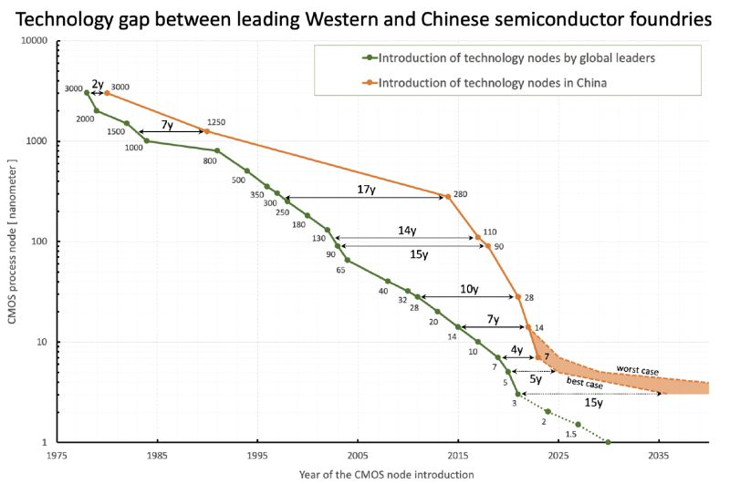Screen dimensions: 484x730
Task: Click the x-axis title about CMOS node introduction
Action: (386, 474)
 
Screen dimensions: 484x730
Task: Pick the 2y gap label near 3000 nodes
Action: (97, 82)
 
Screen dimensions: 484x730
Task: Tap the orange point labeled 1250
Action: (206, 131)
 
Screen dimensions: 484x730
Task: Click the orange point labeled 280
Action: (447, 196)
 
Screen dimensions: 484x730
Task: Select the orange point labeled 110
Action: (478, 237)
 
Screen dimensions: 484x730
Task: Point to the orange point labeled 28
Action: (518, 297)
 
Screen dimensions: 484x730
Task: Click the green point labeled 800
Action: (216, 150)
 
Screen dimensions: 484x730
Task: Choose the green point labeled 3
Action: (517, 394)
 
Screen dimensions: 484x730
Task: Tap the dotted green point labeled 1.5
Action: (578, 424)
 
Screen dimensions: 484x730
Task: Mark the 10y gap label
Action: (468, 289)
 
